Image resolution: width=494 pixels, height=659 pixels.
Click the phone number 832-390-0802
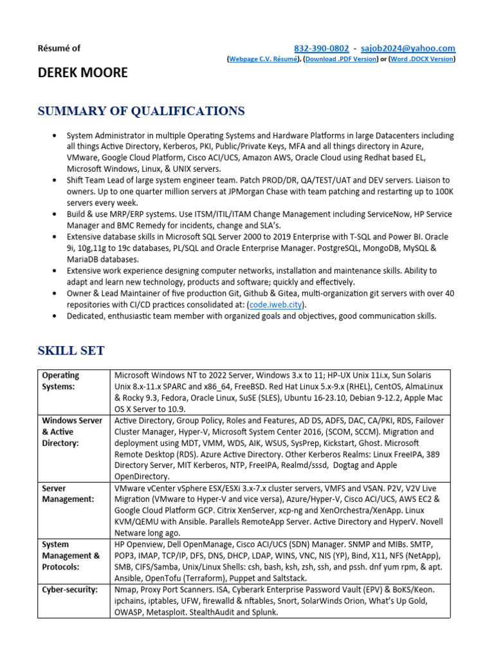click(321, 48)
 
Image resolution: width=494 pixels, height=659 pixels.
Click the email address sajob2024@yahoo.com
click(408, 48)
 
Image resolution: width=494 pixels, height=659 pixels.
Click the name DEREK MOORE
click(82, 72)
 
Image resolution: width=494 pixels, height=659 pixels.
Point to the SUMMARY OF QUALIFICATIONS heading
click(141, 111)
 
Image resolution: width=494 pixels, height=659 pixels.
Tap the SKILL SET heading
click(71, 351)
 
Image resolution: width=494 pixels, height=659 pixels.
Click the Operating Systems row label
click(60, 380)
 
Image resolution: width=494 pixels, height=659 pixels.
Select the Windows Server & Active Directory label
click(72, 432)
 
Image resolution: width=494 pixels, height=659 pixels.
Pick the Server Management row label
click(68, 494)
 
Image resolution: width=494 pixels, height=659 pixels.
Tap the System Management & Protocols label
click(71, 555)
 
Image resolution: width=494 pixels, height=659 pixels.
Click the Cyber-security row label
click(69, 589)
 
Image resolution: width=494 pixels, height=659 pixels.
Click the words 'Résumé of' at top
click(60, 48)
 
